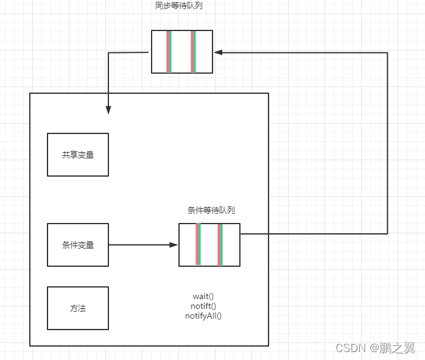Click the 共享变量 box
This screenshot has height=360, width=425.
pos(78,155)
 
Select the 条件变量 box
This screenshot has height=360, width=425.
pos(78,245)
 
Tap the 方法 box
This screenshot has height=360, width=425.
pos(78,308)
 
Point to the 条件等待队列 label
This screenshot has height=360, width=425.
pos(211,210)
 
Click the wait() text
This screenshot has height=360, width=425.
pos(203,297)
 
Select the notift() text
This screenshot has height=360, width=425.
pos(203,306)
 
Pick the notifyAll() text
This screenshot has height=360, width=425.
pos(203,316)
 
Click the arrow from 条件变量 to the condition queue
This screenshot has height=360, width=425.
pos(143,245)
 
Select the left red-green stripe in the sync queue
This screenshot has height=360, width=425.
pos(169,52)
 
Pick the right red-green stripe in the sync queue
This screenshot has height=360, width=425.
pos(193,52)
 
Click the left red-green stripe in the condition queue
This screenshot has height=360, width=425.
pos(198,245)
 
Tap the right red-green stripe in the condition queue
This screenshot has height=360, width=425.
pos(220,245)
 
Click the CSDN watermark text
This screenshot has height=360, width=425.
pos(350,348)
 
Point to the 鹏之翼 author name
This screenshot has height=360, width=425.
pos(398,348)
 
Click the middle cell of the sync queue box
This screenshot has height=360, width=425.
pos(181,52)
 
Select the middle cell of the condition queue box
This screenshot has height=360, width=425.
pos(209,245)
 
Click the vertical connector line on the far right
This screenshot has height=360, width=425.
pos(388,143)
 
